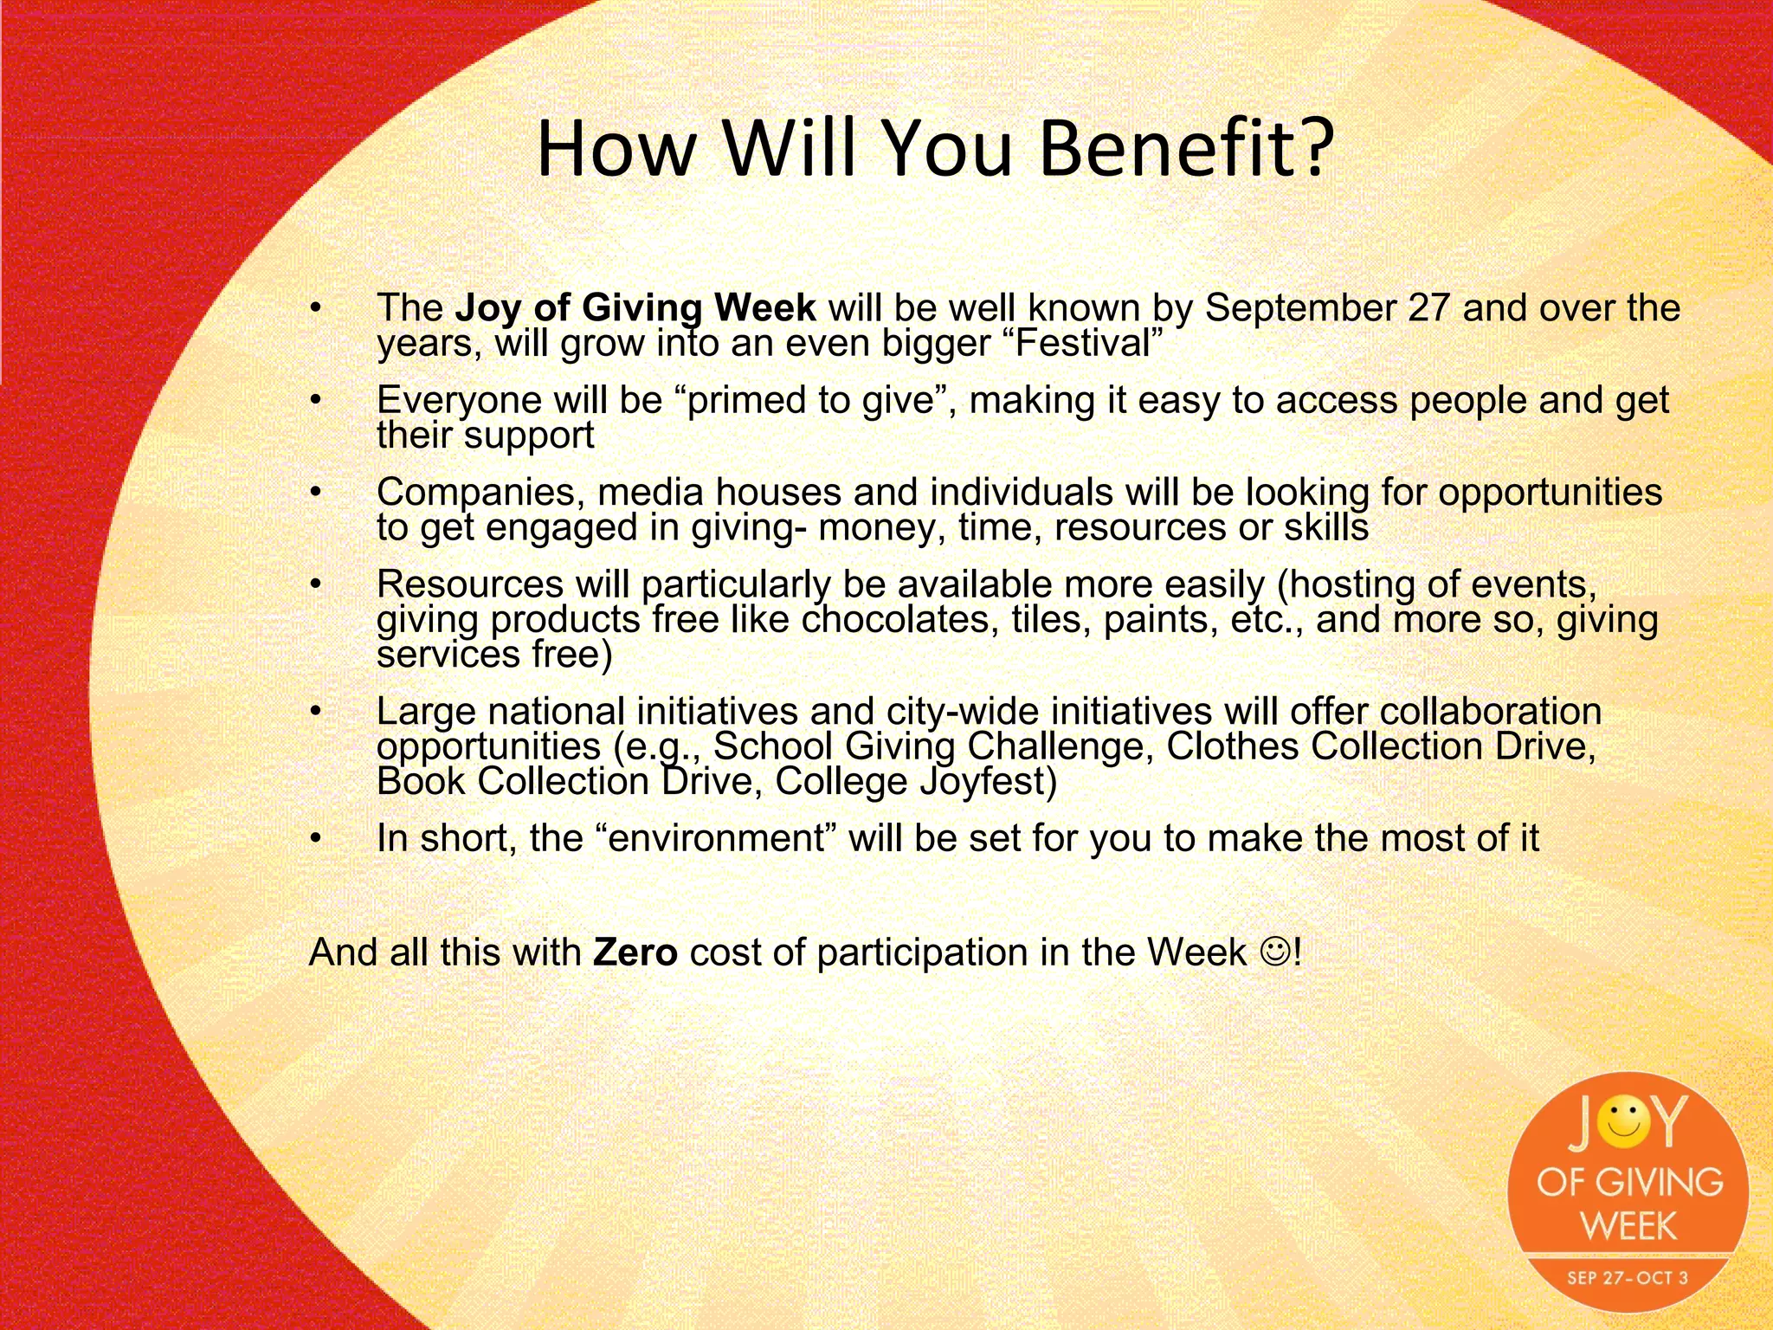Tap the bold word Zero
point(635,952)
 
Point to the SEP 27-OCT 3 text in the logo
point(1628,1278)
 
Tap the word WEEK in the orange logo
point(1628,1226)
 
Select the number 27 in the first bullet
point(1428,308)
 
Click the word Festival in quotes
point(1087,343)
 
